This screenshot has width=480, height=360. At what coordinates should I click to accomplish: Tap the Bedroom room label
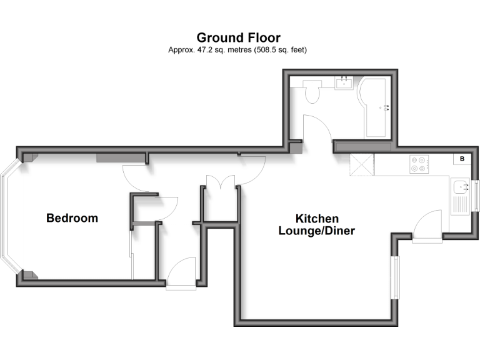pyautogui.click(x=72, y=218)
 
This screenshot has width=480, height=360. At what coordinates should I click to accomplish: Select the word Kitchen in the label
pyautogui.click(x=317, y=219)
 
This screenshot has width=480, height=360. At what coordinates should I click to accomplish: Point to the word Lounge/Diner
pyautogui.click(x=316, y=231)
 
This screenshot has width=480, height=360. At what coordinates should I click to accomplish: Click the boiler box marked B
pyautogui.click(x=462, y=159)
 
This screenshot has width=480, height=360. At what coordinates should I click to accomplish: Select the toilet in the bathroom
pyautogui.click(x=312, y=92)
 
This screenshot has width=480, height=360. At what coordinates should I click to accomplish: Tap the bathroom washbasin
pyautogui.click(x=344, y=84)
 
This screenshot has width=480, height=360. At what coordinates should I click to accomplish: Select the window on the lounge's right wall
pyautogui.click(x=394, y=276)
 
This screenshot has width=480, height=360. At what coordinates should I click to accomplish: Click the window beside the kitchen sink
pyautogui.click(x=476, y=196)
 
